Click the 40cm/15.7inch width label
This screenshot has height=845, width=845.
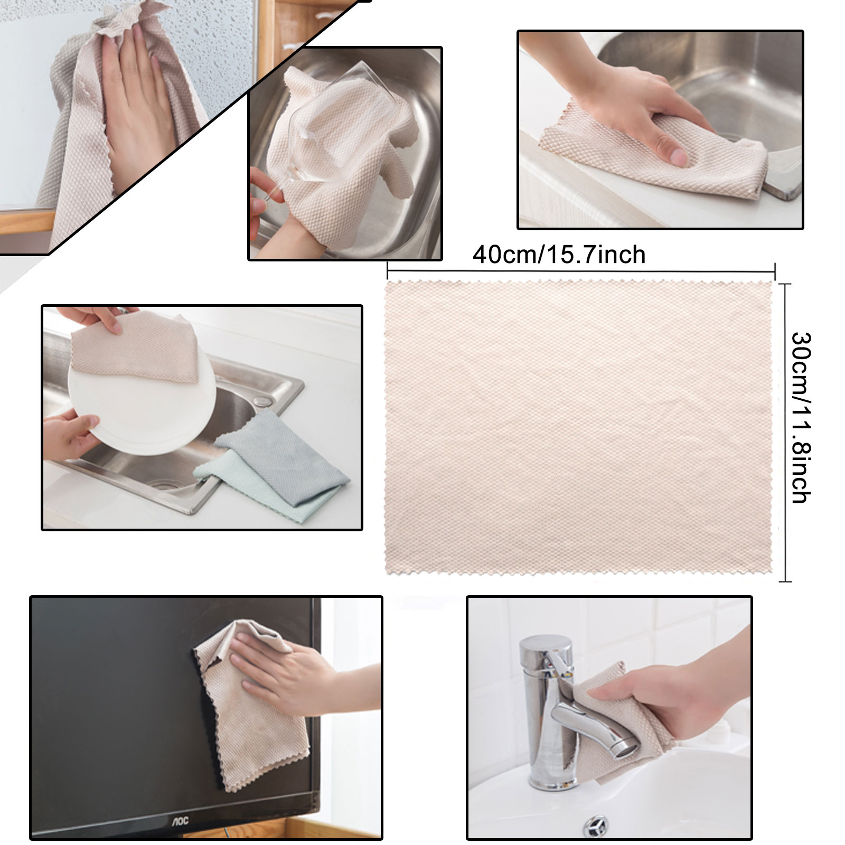click(x=559, y=255)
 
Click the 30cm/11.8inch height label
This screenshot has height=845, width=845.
click(x=801, y=417)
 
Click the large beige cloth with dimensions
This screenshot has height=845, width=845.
click(x=578, y=427)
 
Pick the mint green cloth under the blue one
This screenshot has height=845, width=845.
click(x=253, y=489)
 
